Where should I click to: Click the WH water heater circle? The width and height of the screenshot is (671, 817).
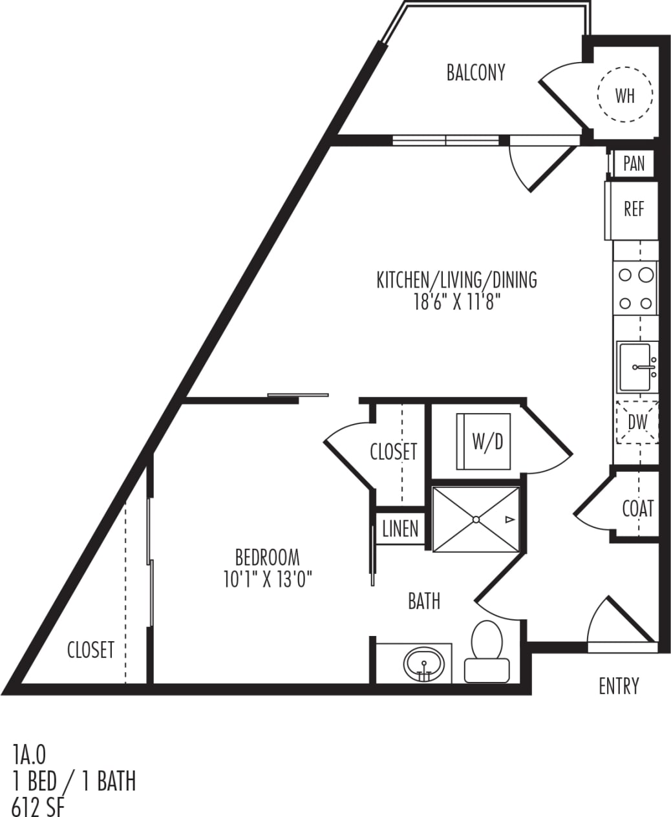[x=624, y=95]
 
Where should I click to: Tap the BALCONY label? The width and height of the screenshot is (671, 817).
[x=476, y=72]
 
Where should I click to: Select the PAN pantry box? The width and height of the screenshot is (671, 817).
[x=634, y=164]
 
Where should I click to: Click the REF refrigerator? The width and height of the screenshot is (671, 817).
[x=634, y=209]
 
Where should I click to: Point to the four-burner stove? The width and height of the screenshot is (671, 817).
[x=635, y=288]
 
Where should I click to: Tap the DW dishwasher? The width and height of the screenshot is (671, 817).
[x=637, y=422]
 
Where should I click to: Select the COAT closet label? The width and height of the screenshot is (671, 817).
[x=637, y=509]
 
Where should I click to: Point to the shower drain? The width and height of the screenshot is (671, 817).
[x=476, y=519]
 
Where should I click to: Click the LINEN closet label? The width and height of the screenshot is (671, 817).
[x=400, y=529]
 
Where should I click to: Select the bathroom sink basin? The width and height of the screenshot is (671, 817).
[x=424, y=663]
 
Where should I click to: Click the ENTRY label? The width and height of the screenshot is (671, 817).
[x=619, y=686]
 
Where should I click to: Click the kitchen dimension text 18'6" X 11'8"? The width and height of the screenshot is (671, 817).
[x=457, y=302]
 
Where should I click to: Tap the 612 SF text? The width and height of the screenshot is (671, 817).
[x=38, y=807]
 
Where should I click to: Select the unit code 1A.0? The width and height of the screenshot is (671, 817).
[x=29, y=754]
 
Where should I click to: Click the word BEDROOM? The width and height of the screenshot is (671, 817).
[x=267, y=557]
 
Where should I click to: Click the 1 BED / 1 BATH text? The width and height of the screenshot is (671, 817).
[x=74, y=781]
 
